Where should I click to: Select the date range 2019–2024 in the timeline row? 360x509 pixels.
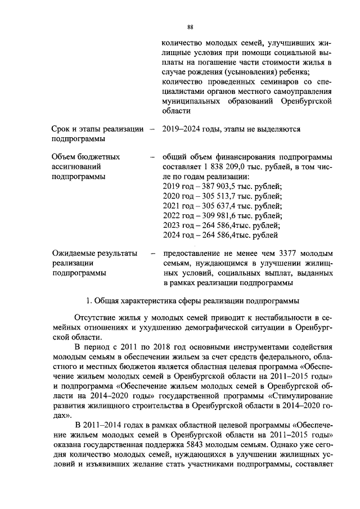tap(179, 129)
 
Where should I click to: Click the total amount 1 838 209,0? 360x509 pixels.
tap(224, 166)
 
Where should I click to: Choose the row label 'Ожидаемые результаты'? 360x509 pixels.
tap(94, 254)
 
